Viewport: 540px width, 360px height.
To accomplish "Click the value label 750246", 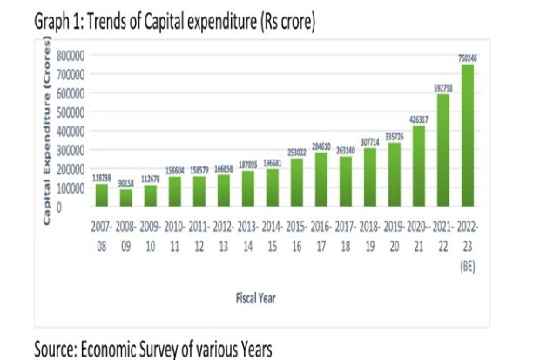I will pos(468,58).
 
